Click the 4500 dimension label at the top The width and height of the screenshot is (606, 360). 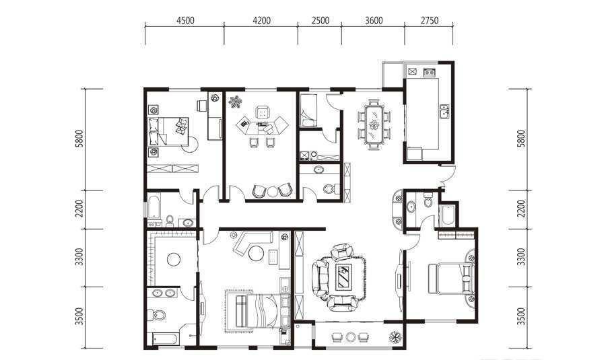185,20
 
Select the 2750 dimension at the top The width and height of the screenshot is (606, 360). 430,20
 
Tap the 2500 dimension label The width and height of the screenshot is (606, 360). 321,20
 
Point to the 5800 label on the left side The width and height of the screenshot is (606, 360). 79,139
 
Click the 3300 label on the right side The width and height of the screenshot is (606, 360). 521,257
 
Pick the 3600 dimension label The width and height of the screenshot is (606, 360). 374,20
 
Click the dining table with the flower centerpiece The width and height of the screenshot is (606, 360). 374,124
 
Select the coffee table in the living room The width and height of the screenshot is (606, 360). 342,276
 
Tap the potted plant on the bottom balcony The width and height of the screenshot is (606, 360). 395,337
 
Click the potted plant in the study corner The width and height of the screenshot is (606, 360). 234,102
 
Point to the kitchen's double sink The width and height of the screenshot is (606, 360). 444,112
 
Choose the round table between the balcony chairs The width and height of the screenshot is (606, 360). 351,337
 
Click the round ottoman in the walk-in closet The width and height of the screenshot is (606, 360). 174,259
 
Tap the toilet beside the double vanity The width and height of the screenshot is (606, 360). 158,315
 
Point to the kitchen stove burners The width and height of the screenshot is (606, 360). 429,72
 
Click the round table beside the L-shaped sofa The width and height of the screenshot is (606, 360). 255,254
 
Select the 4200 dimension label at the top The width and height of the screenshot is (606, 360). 262,20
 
